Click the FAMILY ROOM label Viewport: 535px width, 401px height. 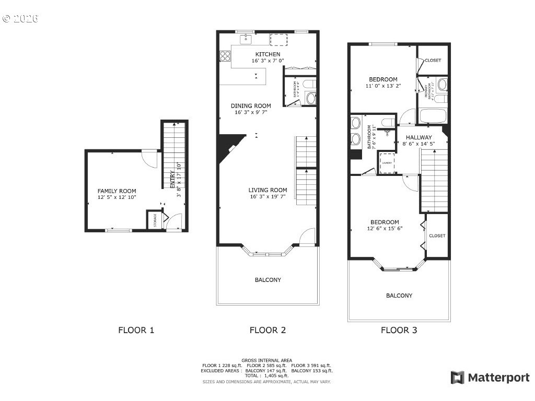(x=117, y=191)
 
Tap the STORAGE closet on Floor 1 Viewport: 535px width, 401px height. (x=155, y=221)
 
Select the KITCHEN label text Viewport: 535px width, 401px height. (x=267, y=54)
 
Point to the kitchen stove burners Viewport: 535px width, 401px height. (x=226, y=55)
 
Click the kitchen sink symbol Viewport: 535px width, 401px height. (x=246, y=39)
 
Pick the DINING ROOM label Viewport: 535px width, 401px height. (x=251, y=105)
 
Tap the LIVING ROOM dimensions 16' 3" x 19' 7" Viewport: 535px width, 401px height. (x=267, y=197)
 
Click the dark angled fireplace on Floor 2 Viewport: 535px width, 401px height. (x=229, y=146)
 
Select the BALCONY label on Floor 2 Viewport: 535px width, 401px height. (x=267, y=280)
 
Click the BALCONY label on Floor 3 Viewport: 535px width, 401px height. (x=399, y=296)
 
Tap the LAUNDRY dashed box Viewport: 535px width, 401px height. (x=387, y=163)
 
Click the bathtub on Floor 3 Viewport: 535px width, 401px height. (x=433, y=115)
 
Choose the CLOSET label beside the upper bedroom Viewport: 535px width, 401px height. (x=433, y=60)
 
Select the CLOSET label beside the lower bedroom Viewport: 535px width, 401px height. (x=437, y=235)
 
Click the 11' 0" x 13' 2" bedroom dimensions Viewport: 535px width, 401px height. (x=383, y=86)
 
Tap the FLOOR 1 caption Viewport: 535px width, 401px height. (x=136, y=330)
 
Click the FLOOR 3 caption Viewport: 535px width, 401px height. (x=399, y=330)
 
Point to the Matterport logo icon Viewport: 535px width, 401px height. (x=457, y=378)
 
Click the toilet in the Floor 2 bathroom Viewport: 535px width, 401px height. (x=310, y=97)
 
